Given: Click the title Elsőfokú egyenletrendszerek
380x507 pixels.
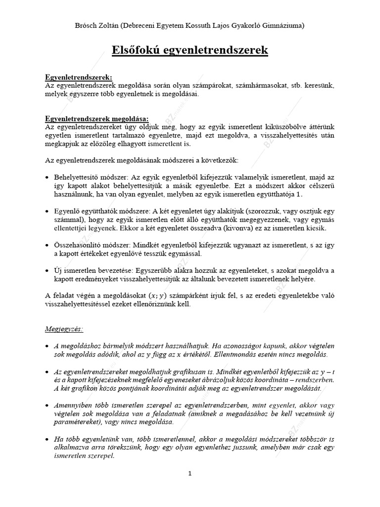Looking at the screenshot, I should pos(190,50).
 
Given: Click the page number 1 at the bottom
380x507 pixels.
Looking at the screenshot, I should pos(190,473).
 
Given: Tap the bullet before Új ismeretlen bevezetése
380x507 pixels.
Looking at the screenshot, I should pos(47,271).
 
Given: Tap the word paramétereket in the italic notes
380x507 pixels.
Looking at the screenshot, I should pos(77,422).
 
